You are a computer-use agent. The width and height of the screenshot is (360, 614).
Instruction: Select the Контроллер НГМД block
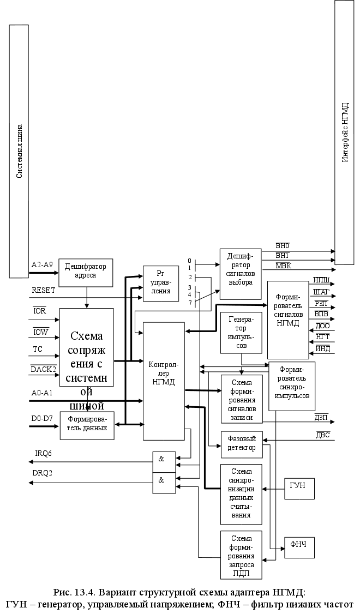tap(164, 381)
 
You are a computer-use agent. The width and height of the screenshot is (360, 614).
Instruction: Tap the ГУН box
tap(299, 485)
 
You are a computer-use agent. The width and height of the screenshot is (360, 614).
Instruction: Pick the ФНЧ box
tap(299, 544)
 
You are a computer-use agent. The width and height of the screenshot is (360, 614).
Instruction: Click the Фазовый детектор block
tap(241, 444)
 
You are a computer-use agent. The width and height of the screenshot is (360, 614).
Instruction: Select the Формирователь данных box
tap(87, 425)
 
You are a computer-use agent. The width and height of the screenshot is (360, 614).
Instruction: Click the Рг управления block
tap(160, 282)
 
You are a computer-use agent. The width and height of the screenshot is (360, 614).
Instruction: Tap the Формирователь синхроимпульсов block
tap(292, 386)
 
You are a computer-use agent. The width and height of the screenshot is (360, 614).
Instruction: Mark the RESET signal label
tap(43, 290)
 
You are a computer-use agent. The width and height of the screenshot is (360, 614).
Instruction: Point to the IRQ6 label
tap(44, 454)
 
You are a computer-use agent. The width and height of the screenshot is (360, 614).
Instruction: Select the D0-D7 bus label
tap(42, 419)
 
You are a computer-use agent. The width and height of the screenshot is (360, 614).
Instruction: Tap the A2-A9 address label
tap(42, 264)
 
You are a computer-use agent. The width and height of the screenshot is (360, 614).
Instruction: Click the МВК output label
tap(283, 265)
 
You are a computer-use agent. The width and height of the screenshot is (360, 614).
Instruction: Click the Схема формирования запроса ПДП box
tap(241, 554)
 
